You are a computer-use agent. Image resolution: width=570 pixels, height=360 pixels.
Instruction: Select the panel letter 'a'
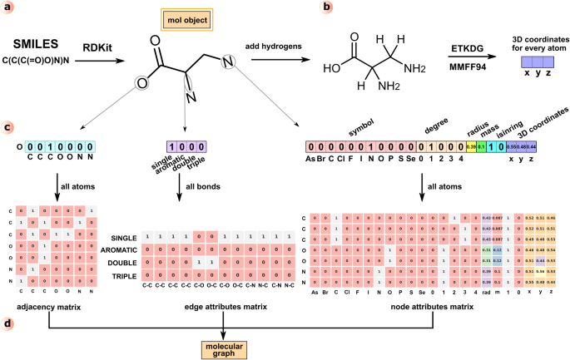pos(7,7)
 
